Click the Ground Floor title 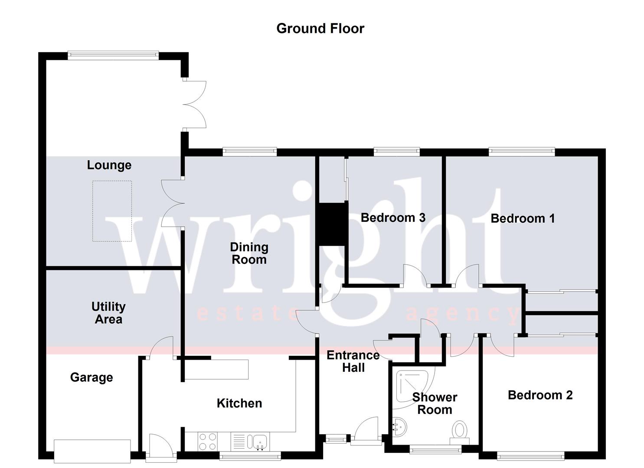320,29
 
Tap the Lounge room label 109,165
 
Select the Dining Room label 249,253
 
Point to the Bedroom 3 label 393,218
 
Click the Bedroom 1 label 523,218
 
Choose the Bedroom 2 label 540,395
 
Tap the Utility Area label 108,313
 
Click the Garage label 92,377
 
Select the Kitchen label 239,403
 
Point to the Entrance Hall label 353,361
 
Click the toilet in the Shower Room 459,432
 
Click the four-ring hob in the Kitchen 207,442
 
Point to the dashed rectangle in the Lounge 112,211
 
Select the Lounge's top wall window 113,55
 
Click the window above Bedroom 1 522,151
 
